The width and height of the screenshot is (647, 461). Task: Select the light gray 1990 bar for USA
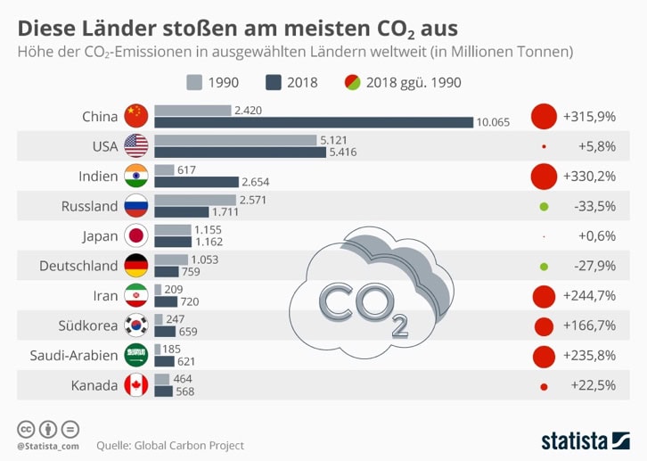(235, 140)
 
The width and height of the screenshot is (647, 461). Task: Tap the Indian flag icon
(135, 176)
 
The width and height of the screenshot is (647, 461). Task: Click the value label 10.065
(494, 122)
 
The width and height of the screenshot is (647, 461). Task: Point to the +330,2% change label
(590, 177)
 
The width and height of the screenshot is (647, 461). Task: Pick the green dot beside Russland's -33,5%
(544, 207)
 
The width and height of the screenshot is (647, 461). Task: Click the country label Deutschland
(78, 266)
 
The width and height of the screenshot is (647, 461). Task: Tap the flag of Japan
(135, 235)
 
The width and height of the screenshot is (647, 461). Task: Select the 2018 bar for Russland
(181, 212)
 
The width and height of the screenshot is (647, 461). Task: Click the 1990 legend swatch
(194, 83)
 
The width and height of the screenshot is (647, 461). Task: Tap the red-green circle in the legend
(352, 83)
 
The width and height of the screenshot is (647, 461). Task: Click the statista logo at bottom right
(586, 440)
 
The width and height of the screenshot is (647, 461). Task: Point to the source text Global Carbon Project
(187, 445)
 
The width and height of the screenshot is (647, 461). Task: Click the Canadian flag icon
(135, 385)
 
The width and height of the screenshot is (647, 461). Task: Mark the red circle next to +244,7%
(544, 296)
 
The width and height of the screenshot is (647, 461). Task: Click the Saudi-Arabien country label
(74, 355)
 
